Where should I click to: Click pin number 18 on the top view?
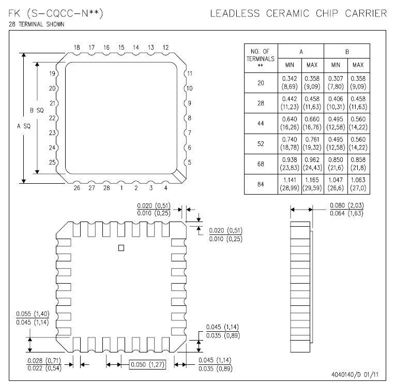(77, 48)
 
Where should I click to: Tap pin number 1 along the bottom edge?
(121, 188)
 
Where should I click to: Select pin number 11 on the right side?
(190, 73)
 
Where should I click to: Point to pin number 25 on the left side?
(52, 163)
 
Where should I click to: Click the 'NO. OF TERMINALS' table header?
(261, 57)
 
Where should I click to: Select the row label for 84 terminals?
(261, 183)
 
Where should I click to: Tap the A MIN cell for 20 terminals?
(290, 82)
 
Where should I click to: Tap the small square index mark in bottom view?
(121, 248)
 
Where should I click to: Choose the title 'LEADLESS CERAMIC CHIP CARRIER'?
(298, 13)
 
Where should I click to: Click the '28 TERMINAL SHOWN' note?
(36, 24)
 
